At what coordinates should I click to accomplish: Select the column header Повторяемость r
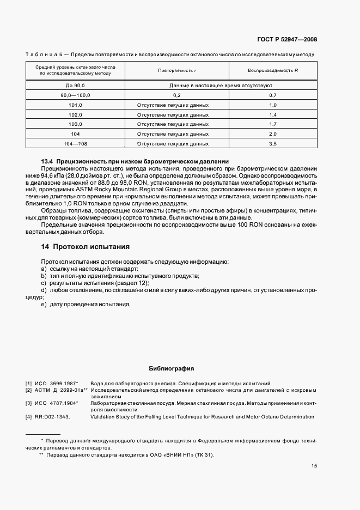click(x=176, y=71)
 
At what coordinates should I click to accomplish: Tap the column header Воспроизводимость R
click(x=273, y=71)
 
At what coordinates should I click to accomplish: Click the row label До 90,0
click(x=75, y=86)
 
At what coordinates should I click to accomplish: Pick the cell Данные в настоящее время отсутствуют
click(x=221, y=86)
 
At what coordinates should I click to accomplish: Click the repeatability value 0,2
click(x=176, y=95)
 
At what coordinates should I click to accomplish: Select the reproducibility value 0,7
click(x=273, y=95)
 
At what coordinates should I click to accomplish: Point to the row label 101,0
click(x=75, y=105)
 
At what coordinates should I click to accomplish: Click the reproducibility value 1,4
click(x=273, y=114)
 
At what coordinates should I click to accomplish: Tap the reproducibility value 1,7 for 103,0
click(x=273, y=124)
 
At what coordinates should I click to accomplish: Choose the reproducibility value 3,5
click(x=273, y=144)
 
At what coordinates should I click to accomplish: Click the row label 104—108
click(x=75, y=144)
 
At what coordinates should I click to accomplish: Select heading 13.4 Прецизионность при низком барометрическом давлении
click(x=135, y=162)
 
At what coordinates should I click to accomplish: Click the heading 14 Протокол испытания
click(x=86, y=246)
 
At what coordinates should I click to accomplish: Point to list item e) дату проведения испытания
click(x=86, y=303)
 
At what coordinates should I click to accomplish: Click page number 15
click(x=314, y=466)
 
